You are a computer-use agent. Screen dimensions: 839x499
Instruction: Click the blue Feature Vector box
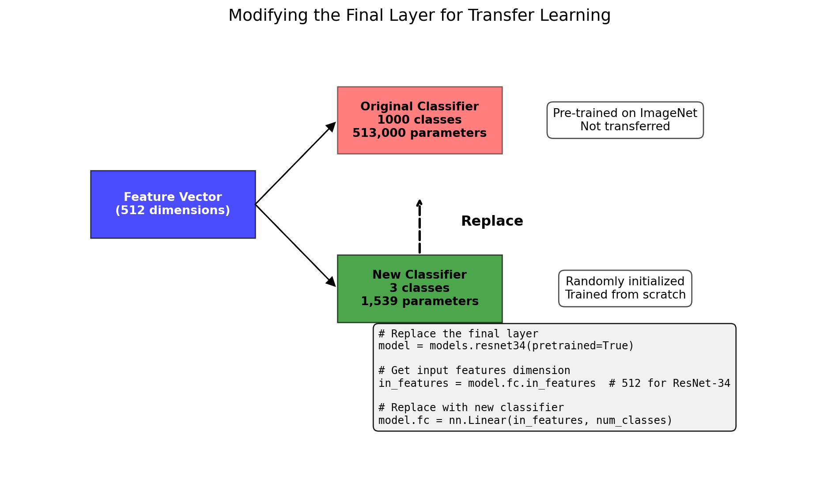pyautogui.click(x=173, y=204)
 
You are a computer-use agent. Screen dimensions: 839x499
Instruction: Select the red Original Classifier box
pyautogui.click(x=419, y=120)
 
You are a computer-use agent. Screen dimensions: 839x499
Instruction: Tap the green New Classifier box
pyautogui.click(x=419, y=288)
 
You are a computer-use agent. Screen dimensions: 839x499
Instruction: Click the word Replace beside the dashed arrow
pyautogui.click(x=492, y=221)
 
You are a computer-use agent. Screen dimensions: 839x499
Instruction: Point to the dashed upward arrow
pyautogui.click(x=419, y=226)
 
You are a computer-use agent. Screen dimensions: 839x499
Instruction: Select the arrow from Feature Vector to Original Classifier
pyautogui.click(x=295, y=163)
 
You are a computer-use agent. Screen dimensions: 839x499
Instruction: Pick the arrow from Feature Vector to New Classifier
pyautogui.click(x=295, y=246)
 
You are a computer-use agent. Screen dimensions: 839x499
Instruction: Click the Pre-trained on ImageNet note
pyautogui.click(x=625, y=120)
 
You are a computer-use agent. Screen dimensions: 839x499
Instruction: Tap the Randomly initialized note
pyautogui.click(x=625, y=288)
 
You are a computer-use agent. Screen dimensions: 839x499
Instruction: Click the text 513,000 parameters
pyautogui.click(x=419, y=133)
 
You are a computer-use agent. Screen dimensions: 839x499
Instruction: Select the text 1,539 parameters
pyautogui.click(x=419, y=302)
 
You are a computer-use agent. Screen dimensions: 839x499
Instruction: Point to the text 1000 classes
pyautogui.click(x=419, y=120)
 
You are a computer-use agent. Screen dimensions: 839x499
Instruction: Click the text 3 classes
pyautogui.click(x=419, y=288)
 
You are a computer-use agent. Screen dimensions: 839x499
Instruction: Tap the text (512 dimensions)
pyautogui.click(x=173, y=211)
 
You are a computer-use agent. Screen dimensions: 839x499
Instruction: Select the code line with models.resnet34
pyautogui.click(x=506, y=346)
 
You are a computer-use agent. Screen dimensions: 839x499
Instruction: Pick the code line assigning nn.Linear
pyautogui.click(x=525, y=420)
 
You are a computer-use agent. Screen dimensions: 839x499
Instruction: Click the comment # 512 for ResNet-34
pyautogui.click(x=669, y=383)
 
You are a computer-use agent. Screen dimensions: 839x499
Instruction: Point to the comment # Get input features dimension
pyautogui.click(x=474, y=370)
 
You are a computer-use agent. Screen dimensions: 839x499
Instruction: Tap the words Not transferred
pyautogui.click(x=625, y=127)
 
